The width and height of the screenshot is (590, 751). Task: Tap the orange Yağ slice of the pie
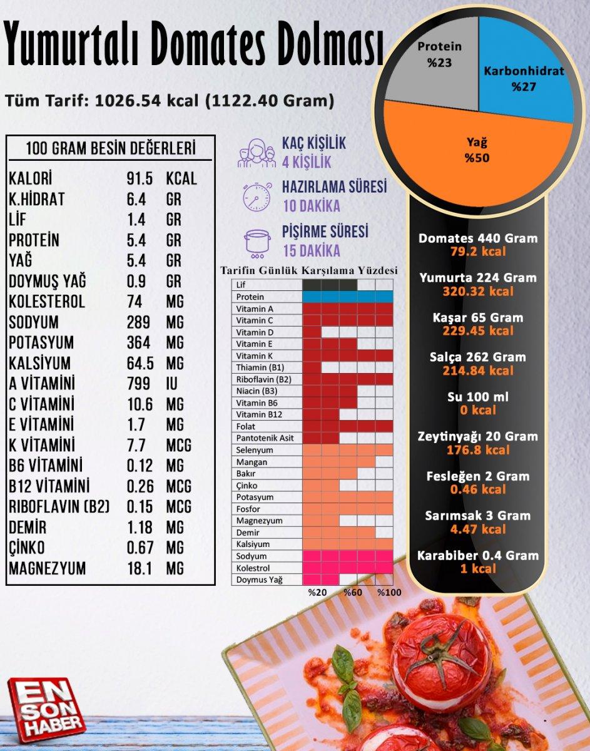point(477,153)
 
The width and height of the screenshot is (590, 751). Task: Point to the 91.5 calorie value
point(140,178)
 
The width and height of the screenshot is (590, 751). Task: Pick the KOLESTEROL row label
point(47,302)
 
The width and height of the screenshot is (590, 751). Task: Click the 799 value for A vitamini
point(138,384)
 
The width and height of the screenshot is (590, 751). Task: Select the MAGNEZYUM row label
point(48,569)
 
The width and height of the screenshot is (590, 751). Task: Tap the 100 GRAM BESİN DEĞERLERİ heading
point(111,149)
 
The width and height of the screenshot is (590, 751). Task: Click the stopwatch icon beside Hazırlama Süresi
point(257,196)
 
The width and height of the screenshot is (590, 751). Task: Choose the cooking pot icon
point(257,242)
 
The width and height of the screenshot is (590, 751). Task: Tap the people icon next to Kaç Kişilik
point(257,151)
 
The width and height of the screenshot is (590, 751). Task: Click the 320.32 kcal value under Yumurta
point(478,291)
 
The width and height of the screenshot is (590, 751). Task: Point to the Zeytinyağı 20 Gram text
point(478,436)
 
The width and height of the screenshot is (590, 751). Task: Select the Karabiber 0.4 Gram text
point(478,555)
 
